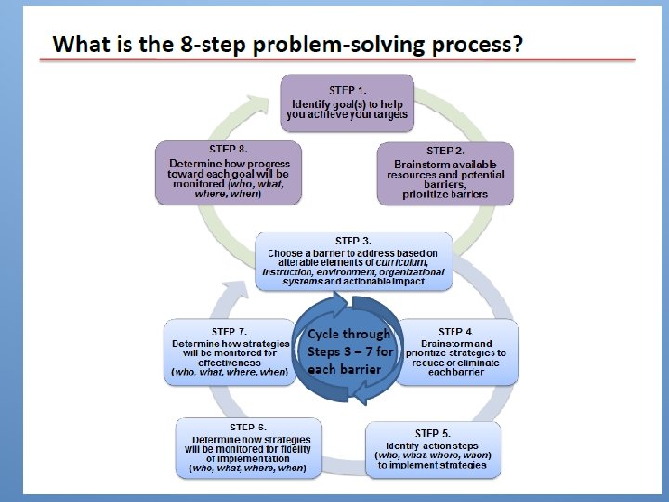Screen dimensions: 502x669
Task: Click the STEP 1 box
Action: coord(347,102)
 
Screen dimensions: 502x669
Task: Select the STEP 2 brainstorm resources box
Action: coord(445,173)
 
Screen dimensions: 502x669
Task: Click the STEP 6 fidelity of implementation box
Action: coord(248,449)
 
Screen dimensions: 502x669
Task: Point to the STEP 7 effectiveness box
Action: coord(230,351)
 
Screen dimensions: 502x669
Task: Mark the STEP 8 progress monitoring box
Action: coord(229,172)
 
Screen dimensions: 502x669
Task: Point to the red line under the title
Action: coord(336,60)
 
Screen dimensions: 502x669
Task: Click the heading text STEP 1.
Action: coord(348,90)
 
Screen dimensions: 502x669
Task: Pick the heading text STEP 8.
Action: coord(229,148)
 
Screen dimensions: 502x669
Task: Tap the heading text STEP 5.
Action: coord(433,433)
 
